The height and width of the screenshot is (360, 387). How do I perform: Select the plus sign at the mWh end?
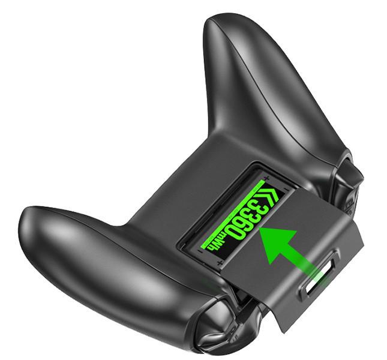pos(220,262)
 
